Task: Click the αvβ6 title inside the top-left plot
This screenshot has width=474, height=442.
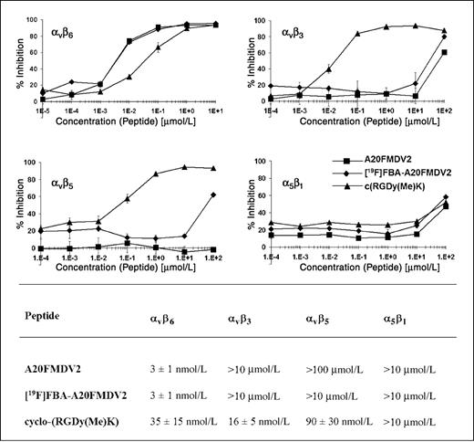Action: click(62, 34)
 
